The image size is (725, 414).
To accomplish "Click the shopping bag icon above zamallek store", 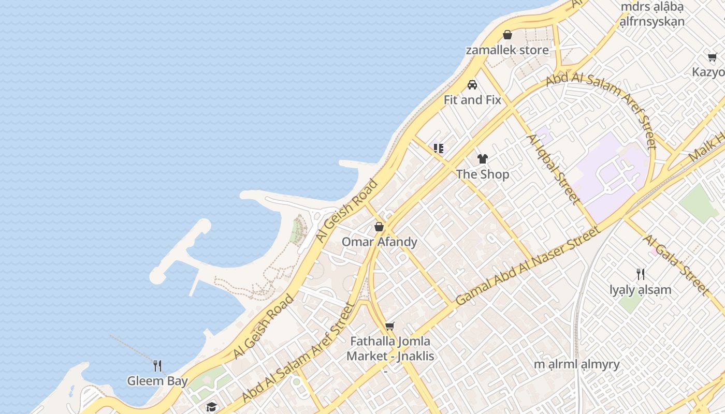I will point(508,35).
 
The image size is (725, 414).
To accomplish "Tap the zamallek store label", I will point(507,50).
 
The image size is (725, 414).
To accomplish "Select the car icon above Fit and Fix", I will point(472,84).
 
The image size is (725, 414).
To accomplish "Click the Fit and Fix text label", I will point(472,100).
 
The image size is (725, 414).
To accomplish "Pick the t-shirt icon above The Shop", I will point(483,159).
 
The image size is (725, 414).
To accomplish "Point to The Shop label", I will point(483,174).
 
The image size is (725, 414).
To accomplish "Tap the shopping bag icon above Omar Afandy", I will point(379,227).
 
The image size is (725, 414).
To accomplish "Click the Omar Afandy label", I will point(379,242).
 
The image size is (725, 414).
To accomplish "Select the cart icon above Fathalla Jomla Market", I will point(390,326).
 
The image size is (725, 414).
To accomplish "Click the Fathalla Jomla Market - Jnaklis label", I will point(390,349).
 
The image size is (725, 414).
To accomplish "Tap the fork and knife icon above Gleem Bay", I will point(157,366).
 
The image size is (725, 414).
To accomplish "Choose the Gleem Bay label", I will point(157,381).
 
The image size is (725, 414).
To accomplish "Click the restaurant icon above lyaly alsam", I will point(641,274).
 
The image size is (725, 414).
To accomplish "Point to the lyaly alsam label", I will point(641,290).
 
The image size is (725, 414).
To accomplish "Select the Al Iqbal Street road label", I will point(552,168).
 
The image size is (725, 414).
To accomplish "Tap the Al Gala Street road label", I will point(675,265).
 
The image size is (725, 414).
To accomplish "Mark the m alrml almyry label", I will point(577,364).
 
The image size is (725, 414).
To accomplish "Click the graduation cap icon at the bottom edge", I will point(211,407).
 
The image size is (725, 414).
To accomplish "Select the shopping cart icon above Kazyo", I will point(713,57).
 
